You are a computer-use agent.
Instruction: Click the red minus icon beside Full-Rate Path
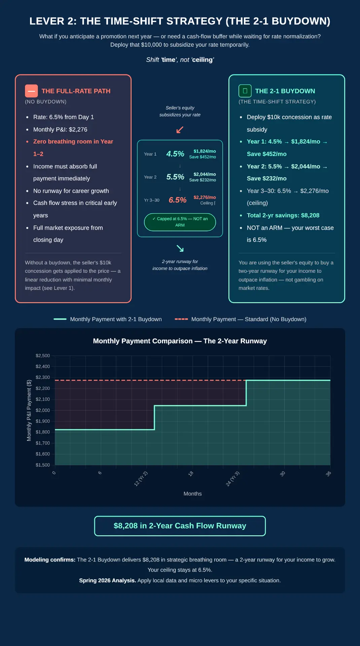pos(31,91)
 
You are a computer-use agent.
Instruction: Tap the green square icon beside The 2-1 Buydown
pos(245,91)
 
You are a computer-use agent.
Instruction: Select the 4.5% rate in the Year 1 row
pos(175,154)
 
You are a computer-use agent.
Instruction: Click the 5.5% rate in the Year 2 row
pos(175,177)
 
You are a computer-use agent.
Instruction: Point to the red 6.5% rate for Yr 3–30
pos(177,200)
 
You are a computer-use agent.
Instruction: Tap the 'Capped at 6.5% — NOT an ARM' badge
pos(180,222)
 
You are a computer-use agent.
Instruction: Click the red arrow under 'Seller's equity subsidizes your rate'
pos(180,130)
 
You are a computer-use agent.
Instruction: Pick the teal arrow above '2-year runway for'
pos(180,249)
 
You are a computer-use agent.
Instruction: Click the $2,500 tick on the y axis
pos(43,356)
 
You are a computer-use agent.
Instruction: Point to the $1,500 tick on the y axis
pos(43,465)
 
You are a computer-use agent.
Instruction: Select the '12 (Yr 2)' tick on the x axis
pos(141,479)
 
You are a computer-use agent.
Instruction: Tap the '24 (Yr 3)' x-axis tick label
pos(232,479)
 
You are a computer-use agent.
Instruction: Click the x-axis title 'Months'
pos(193,494)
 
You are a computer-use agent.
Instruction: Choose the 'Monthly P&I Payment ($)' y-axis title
pos(29,410)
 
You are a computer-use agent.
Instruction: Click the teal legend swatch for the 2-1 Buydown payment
pos(60,319)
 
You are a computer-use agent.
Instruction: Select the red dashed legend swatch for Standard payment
pos(181,319)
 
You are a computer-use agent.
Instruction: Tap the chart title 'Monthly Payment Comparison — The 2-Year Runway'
pos(180,341)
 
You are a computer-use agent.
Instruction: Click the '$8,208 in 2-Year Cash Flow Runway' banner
pos(180,526)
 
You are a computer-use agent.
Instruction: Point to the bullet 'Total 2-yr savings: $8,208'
pos(283,215)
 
